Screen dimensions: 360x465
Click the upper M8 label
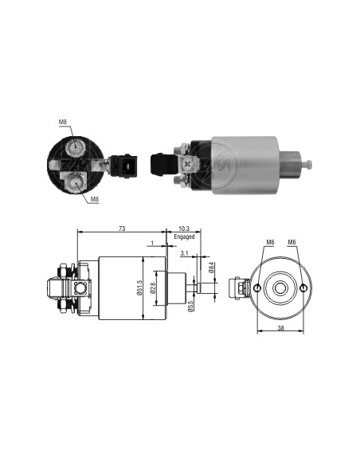click(x=63, y=122)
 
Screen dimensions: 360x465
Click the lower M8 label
click(x=94, y=199)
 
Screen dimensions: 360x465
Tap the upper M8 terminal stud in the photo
click(x=76, y=147)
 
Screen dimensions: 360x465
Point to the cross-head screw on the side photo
click(x=187, y=164)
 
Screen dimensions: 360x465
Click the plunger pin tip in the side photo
click(x=310, y=163)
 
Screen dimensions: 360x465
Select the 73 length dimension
click(x=122, y=229)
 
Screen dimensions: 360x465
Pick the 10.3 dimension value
click(x=184, y=229)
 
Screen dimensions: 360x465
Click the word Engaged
click(x=184, y=236)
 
